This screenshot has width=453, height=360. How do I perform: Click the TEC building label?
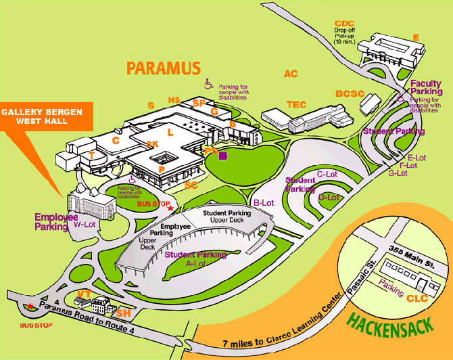[x=296, y=104]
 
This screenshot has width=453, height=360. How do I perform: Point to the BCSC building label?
[x=350, y=93]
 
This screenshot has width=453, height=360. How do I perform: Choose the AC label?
[x=291, y=74]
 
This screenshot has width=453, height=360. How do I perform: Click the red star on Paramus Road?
[x=28, y=307]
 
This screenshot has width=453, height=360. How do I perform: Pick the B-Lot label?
[x=262, y=202]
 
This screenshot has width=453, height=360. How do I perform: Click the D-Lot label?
[x=329, y=197]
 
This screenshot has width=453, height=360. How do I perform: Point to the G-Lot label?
[x=398, y=173]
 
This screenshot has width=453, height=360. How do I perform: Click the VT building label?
[x=85, y=293]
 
